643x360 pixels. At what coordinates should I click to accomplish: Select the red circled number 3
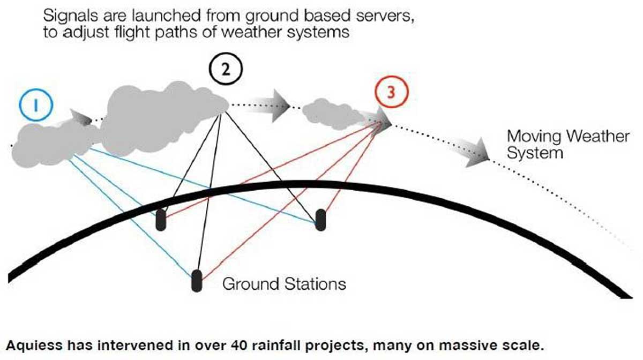coord(391,92)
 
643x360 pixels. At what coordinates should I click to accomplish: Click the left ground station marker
coord(160,220)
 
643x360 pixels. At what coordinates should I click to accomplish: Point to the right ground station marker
coord(320,220)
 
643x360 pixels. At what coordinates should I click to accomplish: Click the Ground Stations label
coord(284,283)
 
